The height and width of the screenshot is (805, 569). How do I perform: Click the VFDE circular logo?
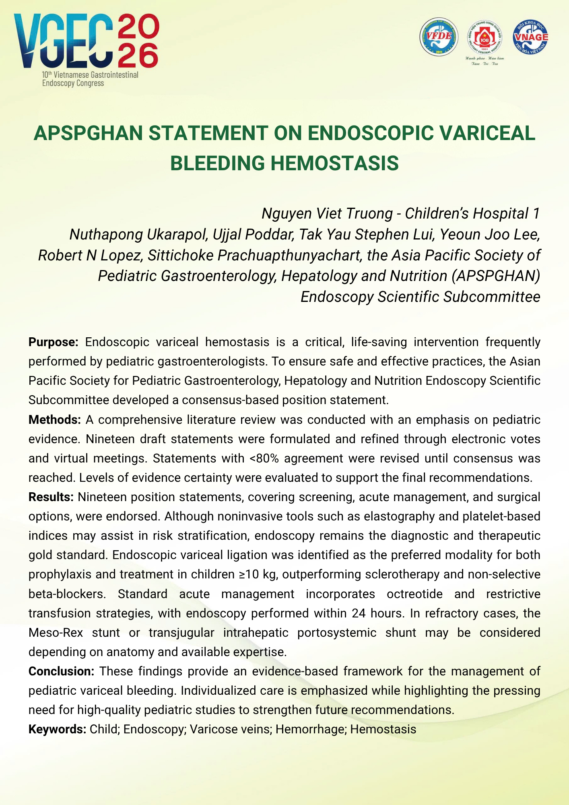pyautogui.click(x=439, y=37)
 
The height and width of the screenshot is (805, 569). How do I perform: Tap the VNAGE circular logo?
pyautogui.click(x=530, y=37)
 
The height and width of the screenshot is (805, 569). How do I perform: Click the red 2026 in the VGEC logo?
pyautogui.click(x=138, y=41)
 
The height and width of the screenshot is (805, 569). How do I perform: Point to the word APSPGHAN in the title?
pyautogui.click(x=89, y=133)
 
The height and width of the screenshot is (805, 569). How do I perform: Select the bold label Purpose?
pyautogui.click(x=54, y=342)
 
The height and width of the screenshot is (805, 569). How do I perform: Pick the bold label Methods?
pyautogui.click(x=55, y=420)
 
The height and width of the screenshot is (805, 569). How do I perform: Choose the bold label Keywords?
pyautogui.click(x=57, y=729)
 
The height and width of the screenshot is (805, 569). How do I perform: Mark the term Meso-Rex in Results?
pyautogui.click(x=56, y=633)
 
